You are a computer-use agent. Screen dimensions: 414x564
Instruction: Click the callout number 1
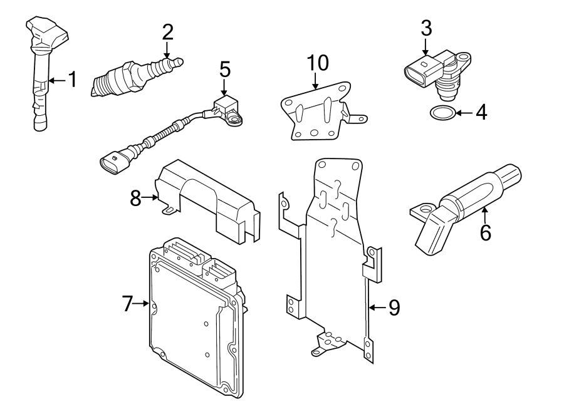72,80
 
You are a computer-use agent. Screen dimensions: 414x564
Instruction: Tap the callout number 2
167,31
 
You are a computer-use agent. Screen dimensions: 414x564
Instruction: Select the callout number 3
426,28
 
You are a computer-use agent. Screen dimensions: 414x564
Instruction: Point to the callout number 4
481,113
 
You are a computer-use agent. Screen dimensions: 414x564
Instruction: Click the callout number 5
225,70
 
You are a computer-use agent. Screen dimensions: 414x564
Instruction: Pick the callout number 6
485,232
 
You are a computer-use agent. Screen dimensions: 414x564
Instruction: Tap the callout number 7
128,304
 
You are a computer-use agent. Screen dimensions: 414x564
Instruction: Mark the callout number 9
393,307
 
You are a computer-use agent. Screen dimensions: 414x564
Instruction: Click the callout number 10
318,63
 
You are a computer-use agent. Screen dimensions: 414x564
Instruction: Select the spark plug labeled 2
135,76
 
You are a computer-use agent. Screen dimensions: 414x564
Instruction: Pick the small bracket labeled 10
316,113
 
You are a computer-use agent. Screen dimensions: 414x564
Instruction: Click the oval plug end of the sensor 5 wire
112,163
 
